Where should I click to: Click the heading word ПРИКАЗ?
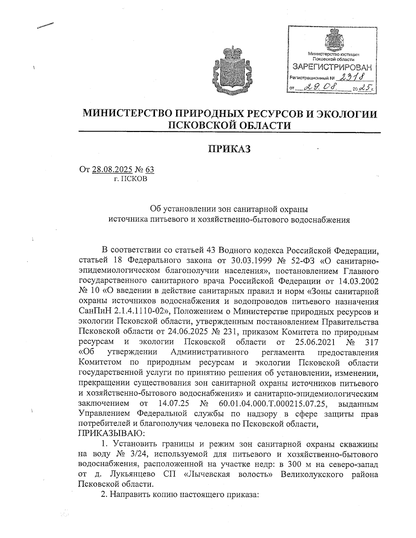coord(229,149)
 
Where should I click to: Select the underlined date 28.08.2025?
coord(112,170)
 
